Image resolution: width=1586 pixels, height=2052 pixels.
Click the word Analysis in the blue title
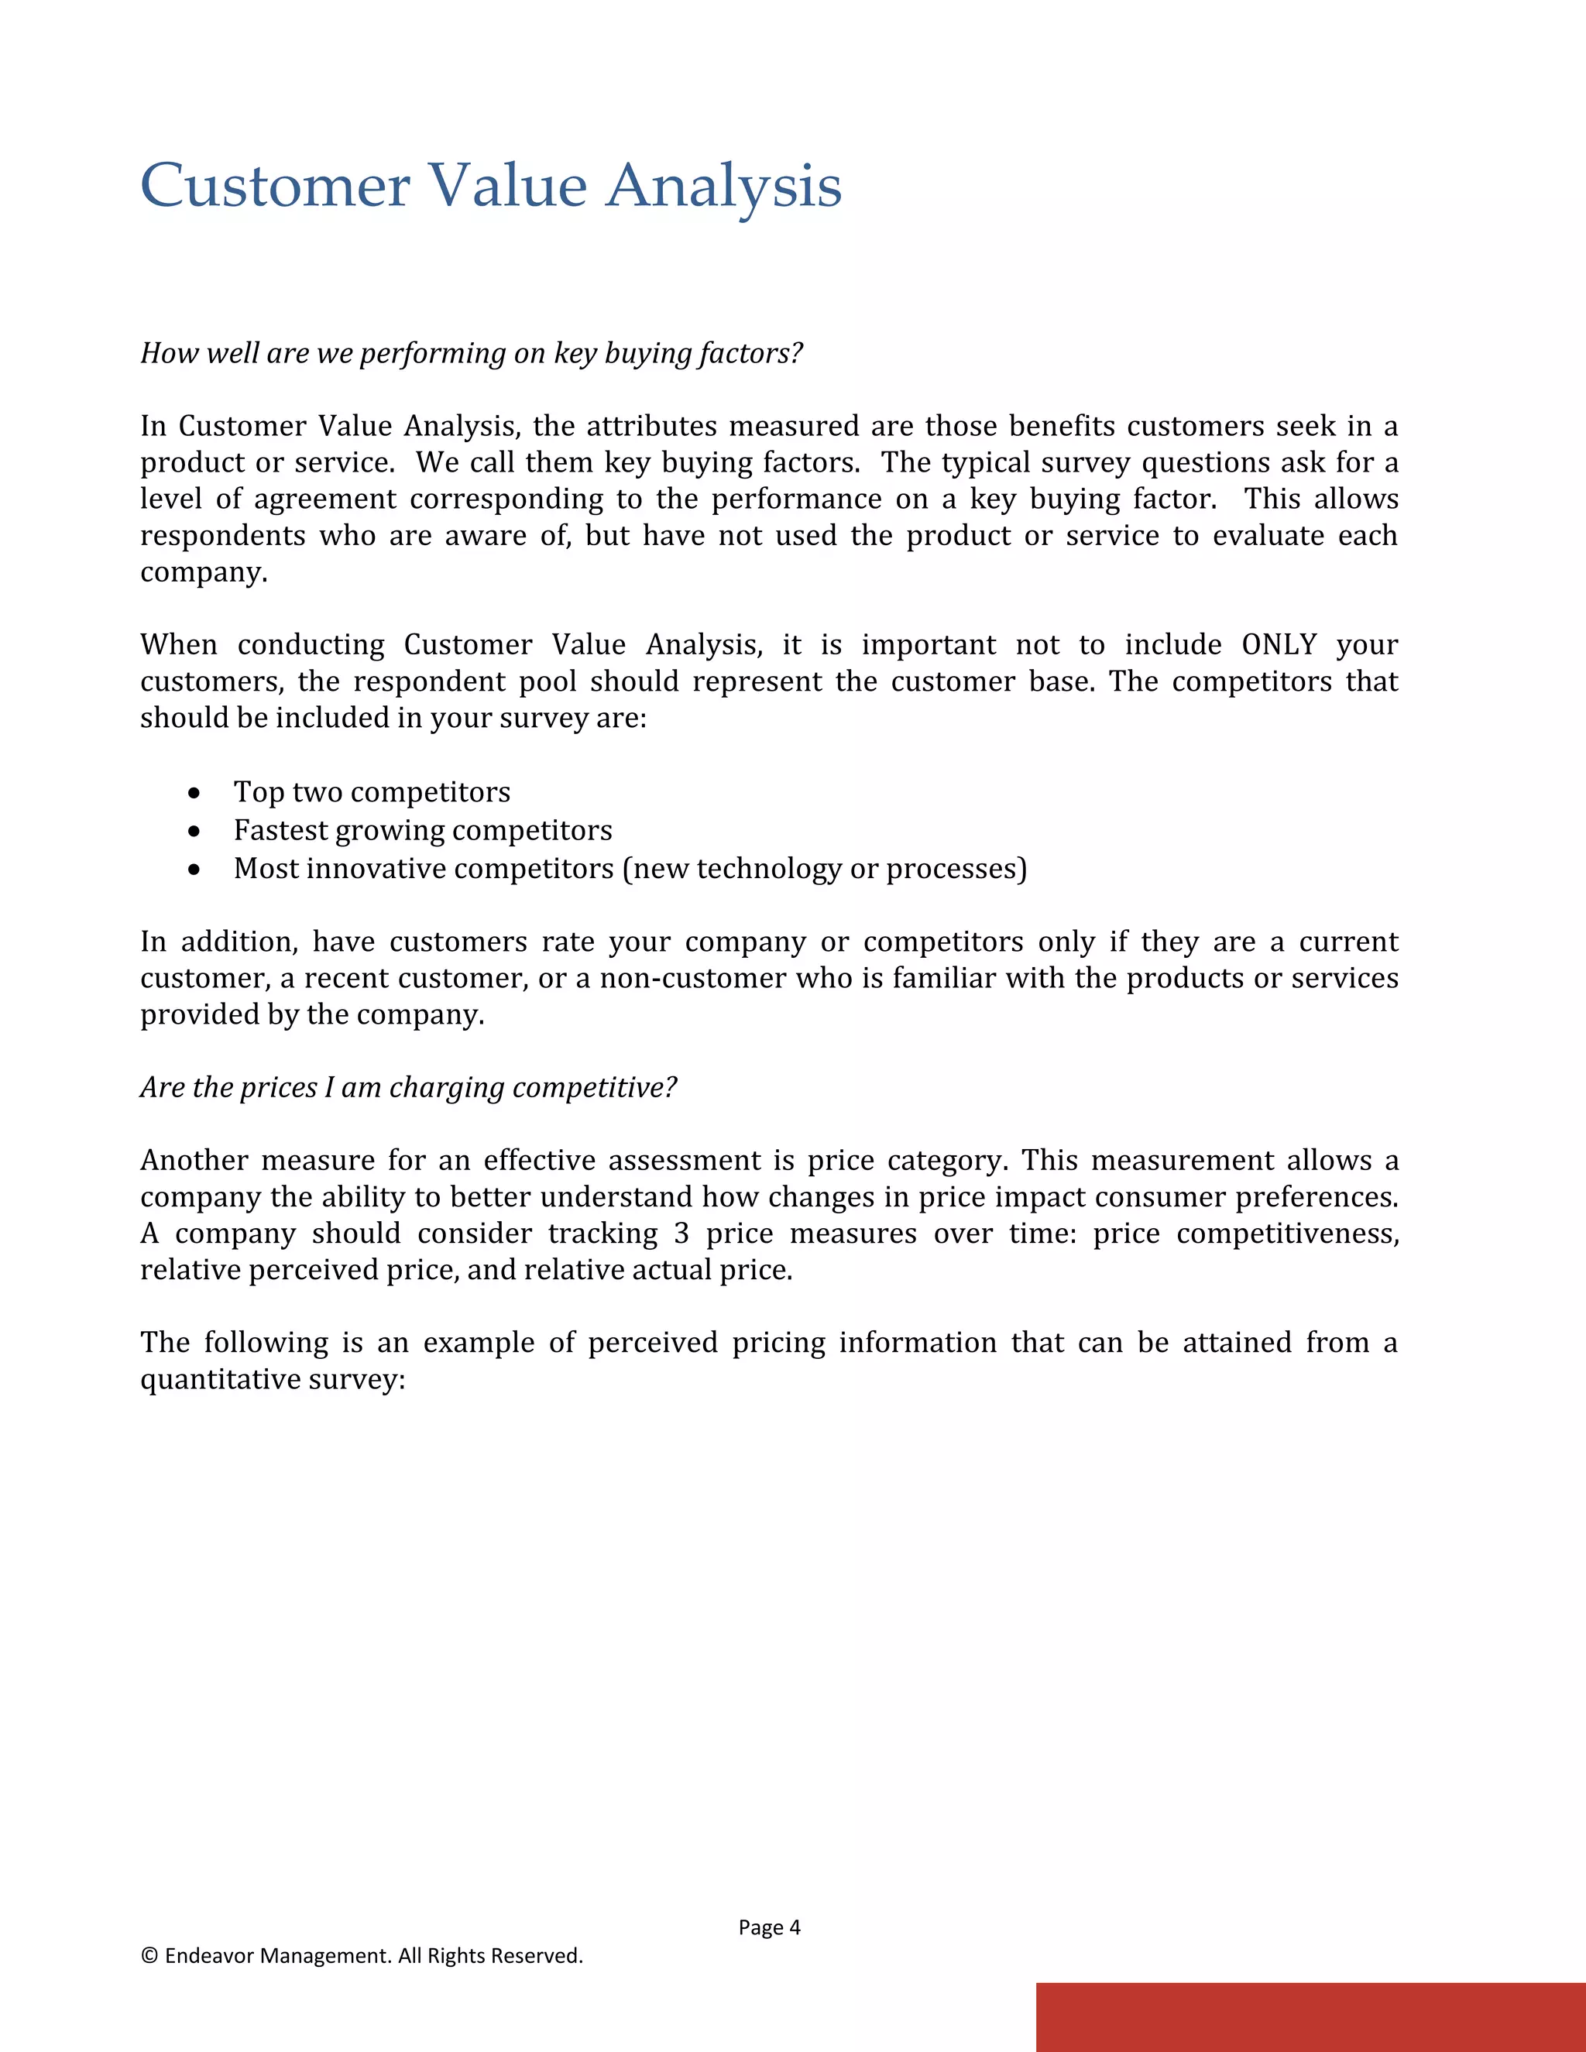[723, 186]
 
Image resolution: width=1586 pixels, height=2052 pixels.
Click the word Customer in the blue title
[275, 186]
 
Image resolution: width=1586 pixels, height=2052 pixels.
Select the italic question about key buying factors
[472, 353]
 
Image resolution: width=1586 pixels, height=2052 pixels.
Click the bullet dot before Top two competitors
[194, 794]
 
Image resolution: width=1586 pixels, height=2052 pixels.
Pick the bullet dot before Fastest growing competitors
[194, 832]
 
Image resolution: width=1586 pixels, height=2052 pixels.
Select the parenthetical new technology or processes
[825, 869]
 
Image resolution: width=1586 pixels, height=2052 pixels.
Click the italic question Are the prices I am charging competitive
[409, 1088]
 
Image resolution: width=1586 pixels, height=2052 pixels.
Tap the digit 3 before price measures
[682, 1234]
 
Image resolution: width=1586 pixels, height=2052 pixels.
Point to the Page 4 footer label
[768, 1927]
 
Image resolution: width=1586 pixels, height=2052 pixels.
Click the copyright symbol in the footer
[149, 1955]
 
